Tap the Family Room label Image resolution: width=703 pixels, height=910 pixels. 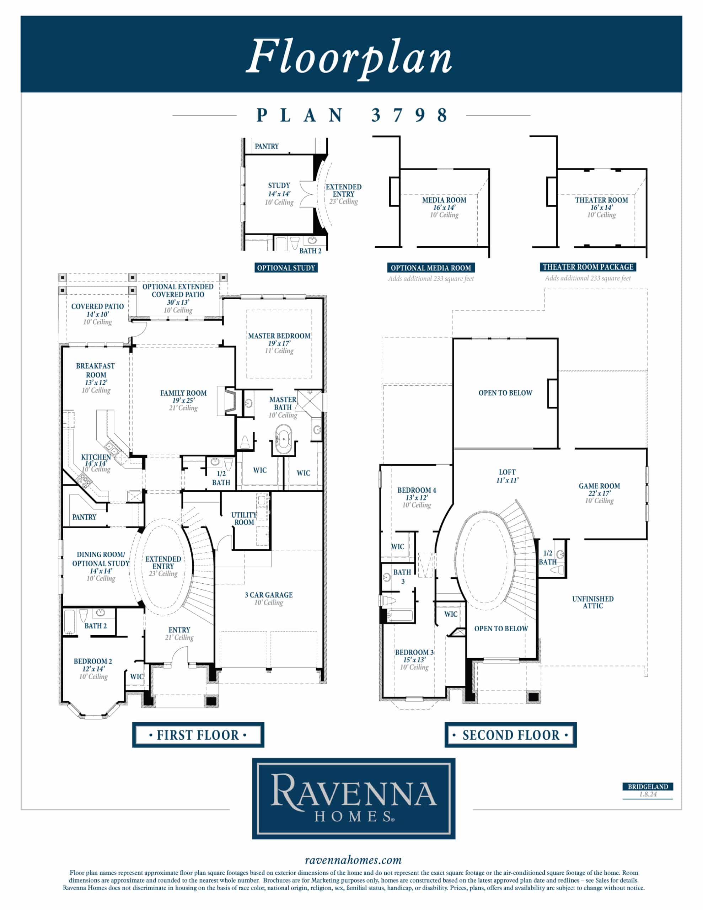(183, 393)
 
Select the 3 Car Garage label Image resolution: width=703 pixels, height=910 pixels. (268, 595)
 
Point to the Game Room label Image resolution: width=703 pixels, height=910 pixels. (599, 486)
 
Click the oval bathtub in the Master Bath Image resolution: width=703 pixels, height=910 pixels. (283, 439)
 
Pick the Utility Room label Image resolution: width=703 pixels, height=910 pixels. (244, 519)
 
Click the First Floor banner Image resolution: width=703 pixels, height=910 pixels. (198, 735)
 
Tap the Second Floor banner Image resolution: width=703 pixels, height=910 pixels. (510, 735)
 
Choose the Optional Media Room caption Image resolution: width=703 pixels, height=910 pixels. (431, 268)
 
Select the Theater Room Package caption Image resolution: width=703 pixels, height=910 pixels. (588, 267)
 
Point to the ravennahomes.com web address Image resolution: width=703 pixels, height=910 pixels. (353, 860)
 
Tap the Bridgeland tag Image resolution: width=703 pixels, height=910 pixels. (648, 787)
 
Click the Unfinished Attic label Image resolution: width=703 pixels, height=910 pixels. (592, 603)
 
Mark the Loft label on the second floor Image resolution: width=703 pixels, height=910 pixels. (507, 472)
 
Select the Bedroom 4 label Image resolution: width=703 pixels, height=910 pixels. (417, 491)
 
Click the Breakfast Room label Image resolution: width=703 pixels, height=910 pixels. (96, 370)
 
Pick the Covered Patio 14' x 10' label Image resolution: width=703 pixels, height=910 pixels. (97, 310)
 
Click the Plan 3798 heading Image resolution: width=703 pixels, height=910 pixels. (352, 115)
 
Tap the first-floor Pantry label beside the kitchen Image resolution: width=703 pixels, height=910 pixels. (84, 517)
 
